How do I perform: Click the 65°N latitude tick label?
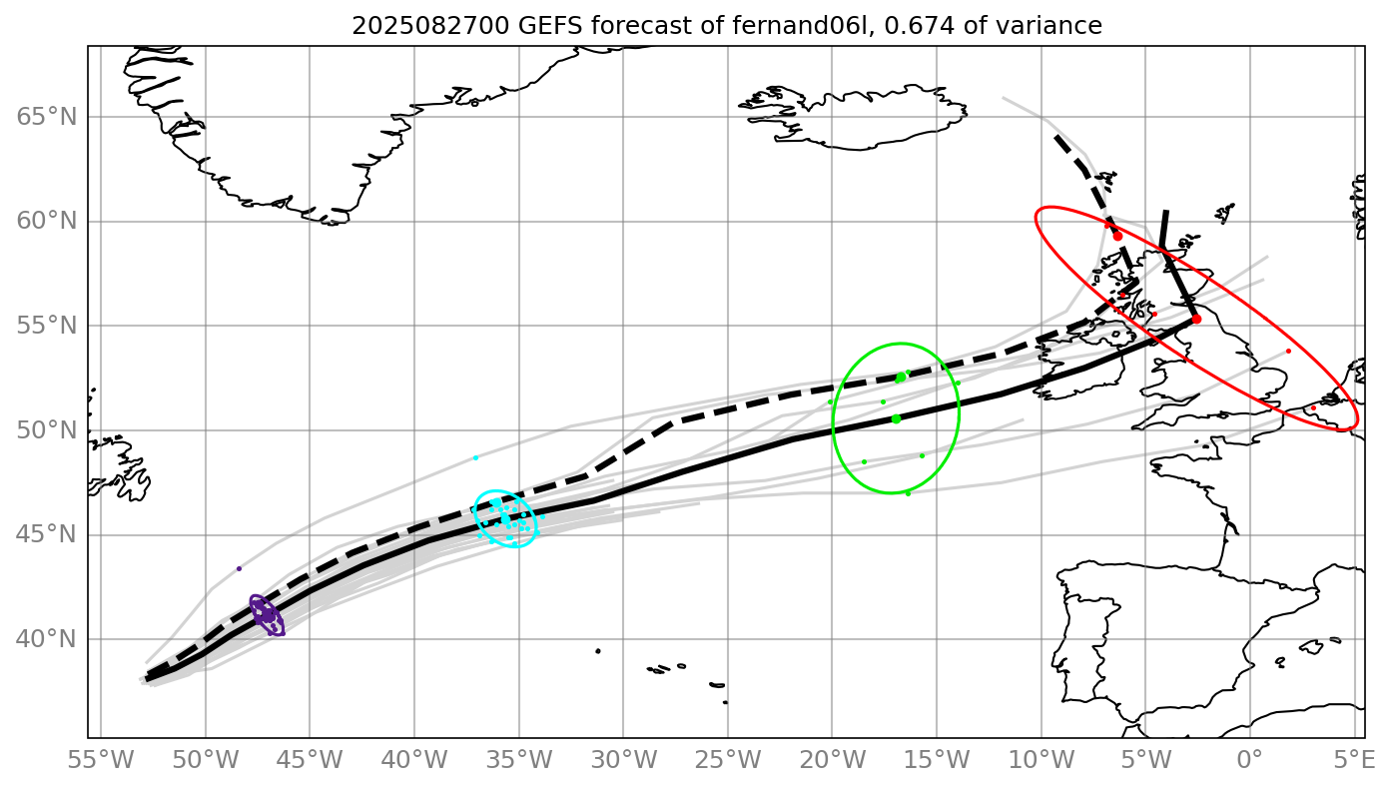tap(47, 117)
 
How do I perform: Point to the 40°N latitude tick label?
tap(47, 639)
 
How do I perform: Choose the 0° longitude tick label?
tap(1250, 760)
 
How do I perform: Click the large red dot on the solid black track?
tap(1196, 319)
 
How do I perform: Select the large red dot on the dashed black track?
tap(1117, 236)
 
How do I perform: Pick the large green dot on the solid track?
tap(896, 418)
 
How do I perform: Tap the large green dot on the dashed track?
tap(900, 378)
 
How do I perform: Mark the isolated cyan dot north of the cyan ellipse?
tap(475, 457)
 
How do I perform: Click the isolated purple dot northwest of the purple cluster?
tap(239, 568)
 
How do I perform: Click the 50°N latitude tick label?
tap(47, 430)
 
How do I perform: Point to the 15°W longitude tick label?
tap(937, 760)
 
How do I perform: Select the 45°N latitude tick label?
tap(47, 535)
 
